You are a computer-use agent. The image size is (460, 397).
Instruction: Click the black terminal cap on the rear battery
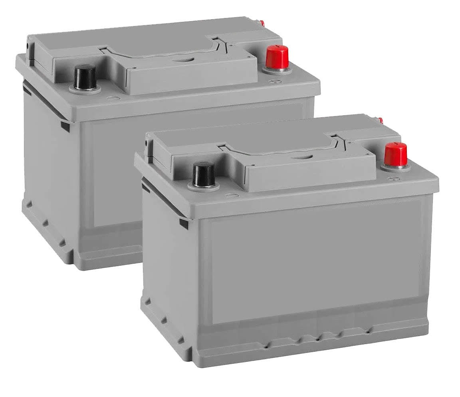click(85, 77)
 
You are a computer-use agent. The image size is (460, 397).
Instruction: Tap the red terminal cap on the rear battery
click(277, 57)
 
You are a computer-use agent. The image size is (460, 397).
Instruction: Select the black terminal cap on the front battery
click(204, 174)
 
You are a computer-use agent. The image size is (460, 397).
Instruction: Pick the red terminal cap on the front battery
click(395, 154)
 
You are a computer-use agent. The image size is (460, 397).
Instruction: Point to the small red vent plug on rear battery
click(262, 23)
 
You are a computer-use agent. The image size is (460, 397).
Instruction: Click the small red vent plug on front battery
click(381, 120)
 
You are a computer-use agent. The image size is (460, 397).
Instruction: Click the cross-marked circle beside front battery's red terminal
click(394, 178)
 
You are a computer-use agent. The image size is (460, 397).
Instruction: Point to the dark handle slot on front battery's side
click(184, 223)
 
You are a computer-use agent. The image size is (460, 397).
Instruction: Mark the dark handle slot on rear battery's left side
click(65, 126)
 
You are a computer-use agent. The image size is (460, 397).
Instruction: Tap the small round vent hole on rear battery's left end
click(28, 47)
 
